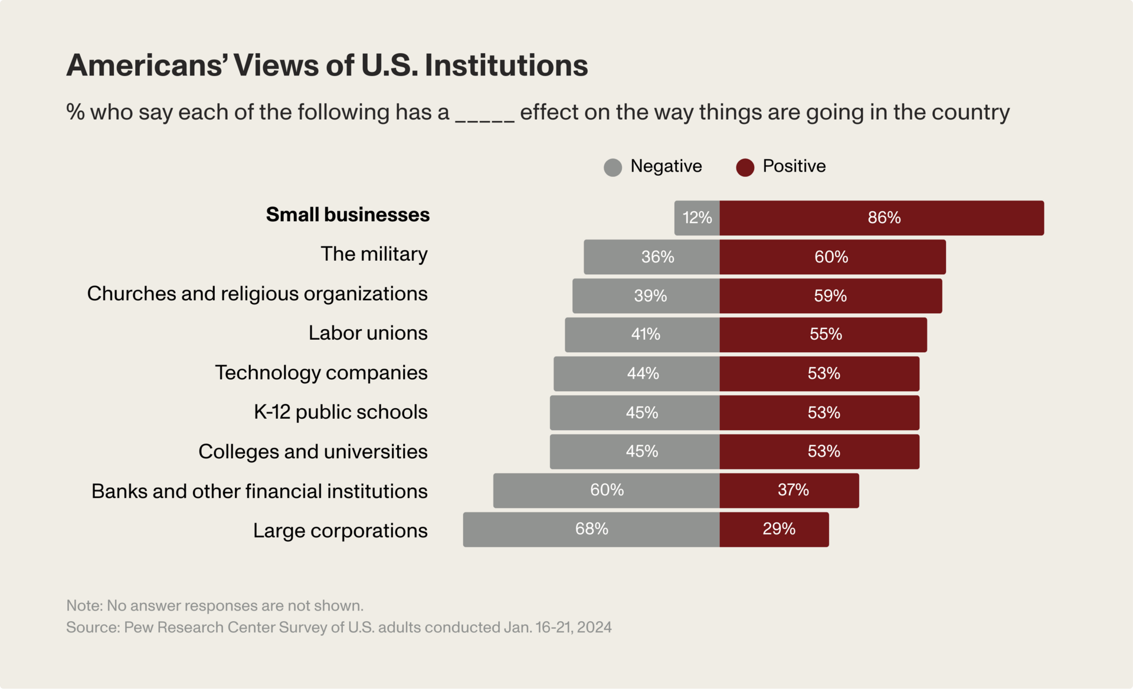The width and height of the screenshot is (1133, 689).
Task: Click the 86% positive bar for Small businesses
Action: (x=882, y=218)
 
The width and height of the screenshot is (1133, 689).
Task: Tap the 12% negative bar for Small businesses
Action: (x=697, y=218)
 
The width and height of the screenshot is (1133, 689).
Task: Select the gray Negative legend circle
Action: (x=613, y=168)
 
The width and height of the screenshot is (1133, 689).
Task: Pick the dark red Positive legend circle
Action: (x=745, y=168)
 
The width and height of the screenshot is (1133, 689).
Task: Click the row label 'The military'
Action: (x=374, y=254)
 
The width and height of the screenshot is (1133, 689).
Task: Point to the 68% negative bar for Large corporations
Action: (x=591, y=529)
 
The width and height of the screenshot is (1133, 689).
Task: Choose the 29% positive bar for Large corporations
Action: (x=774, y=529)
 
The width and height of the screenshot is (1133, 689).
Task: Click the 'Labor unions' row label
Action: (x=368, y=333)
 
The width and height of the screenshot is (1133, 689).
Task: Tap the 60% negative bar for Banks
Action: (x=607, y=490)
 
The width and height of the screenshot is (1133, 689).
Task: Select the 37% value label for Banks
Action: (x=793, y=490)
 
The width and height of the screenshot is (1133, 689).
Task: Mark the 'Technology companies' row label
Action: (x=321, y=373)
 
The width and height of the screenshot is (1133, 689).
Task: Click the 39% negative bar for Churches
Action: (x=646, y=296)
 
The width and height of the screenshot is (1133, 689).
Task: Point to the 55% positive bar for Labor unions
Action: (x=823, y=334)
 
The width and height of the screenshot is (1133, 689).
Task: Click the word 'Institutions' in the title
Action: (x=506, y=65)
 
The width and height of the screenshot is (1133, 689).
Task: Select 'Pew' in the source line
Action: (x=138, y=627)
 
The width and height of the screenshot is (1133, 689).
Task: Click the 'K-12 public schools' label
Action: (x=340, y=412)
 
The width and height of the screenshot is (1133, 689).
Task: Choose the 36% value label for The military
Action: (x=657, y=257)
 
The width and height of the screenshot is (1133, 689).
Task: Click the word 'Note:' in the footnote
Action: (x=84, y=606)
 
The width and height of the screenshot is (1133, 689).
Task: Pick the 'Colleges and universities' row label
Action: (x=313, y=451)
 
